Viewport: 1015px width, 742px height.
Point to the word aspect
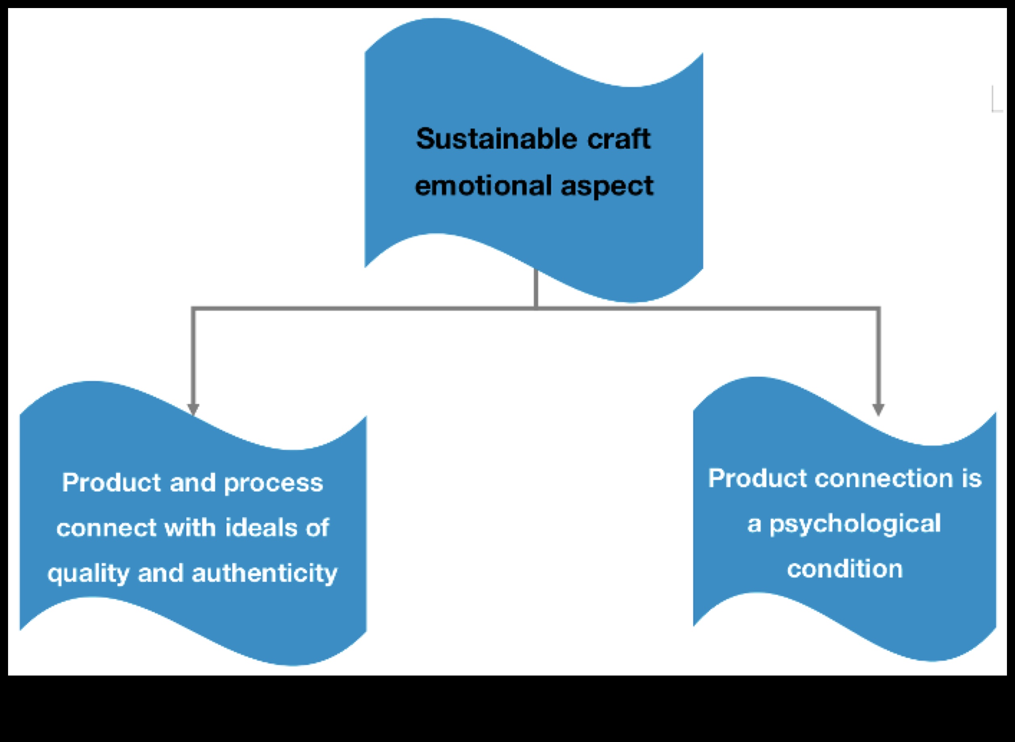607,187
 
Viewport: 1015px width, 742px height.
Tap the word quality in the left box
88,574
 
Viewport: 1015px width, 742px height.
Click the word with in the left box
190,527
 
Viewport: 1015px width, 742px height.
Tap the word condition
845,570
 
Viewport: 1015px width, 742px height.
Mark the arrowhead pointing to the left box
193,409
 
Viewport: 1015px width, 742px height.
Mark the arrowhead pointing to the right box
878,409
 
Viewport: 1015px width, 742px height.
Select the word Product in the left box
111,483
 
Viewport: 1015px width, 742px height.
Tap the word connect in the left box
106,528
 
